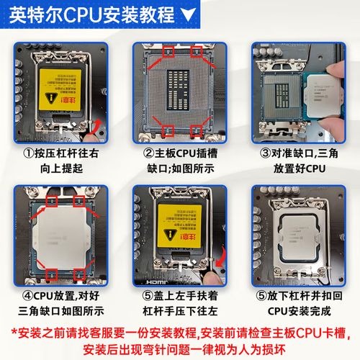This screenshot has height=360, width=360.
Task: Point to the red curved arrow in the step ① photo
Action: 92,130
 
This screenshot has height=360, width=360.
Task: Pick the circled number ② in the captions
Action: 149,153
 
